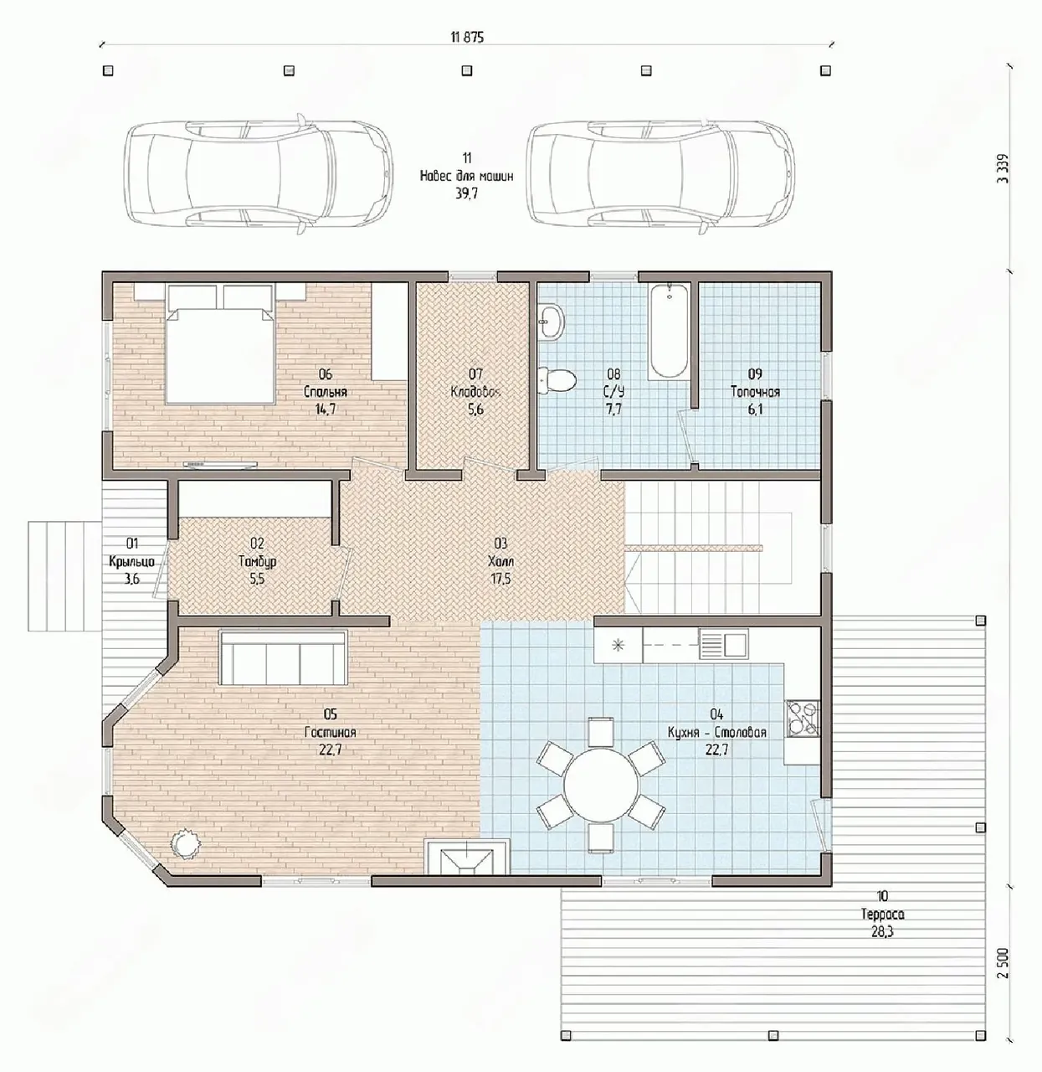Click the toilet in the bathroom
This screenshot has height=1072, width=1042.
[x=557, y=380]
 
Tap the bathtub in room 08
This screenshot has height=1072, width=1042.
[x=669, y=331]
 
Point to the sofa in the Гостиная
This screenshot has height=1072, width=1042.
[x=283, y=657]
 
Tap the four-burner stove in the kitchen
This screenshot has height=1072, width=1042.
[x=802, y=719]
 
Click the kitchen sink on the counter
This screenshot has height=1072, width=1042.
[x=723, y=644]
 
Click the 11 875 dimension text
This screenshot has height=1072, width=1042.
[x=467, y=38]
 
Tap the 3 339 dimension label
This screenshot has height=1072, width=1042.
[x=1003, y=168]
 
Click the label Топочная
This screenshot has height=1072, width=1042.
[x=755, y=392]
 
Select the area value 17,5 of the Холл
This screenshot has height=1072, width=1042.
[x=500, y=579]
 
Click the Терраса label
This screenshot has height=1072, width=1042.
[x=882, y=915]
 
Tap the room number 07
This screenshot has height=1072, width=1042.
[x=475, y=374]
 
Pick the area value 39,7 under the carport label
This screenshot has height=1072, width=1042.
[x=466, y=193]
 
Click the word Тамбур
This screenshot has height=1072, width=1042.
[x=257, y=561]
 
